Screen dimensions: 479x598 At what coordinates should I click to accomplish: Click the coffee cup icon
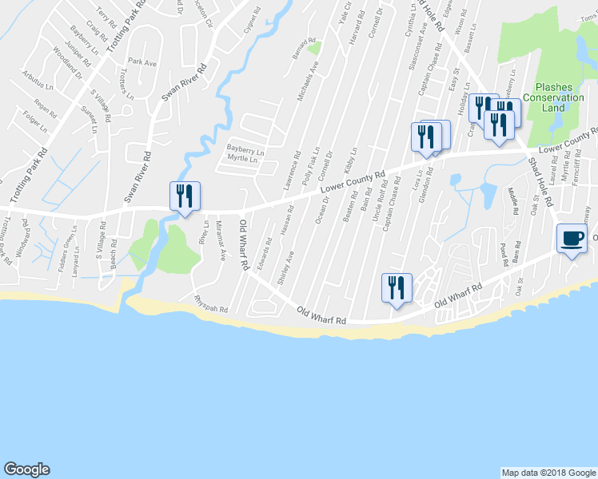572,239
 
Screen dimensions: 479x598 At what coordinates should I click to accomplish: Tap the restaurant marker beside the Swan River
185,196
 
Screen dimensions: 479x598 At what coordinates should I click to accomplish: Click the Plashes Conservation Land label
554,97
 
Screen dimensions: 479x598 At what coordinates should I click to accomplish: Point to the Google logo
26,469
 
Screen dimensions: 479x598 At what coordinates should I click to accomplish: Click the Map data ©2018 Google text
548,473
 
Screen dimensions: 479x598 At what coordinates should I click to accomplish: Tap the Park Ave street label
141,61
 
